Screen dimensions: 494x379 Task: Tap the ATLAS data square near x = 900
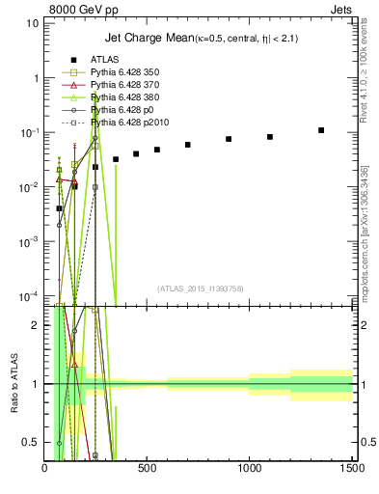tap(229, 139)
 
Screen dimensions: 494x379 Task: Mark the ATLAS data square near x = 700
tap(188, 145)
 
